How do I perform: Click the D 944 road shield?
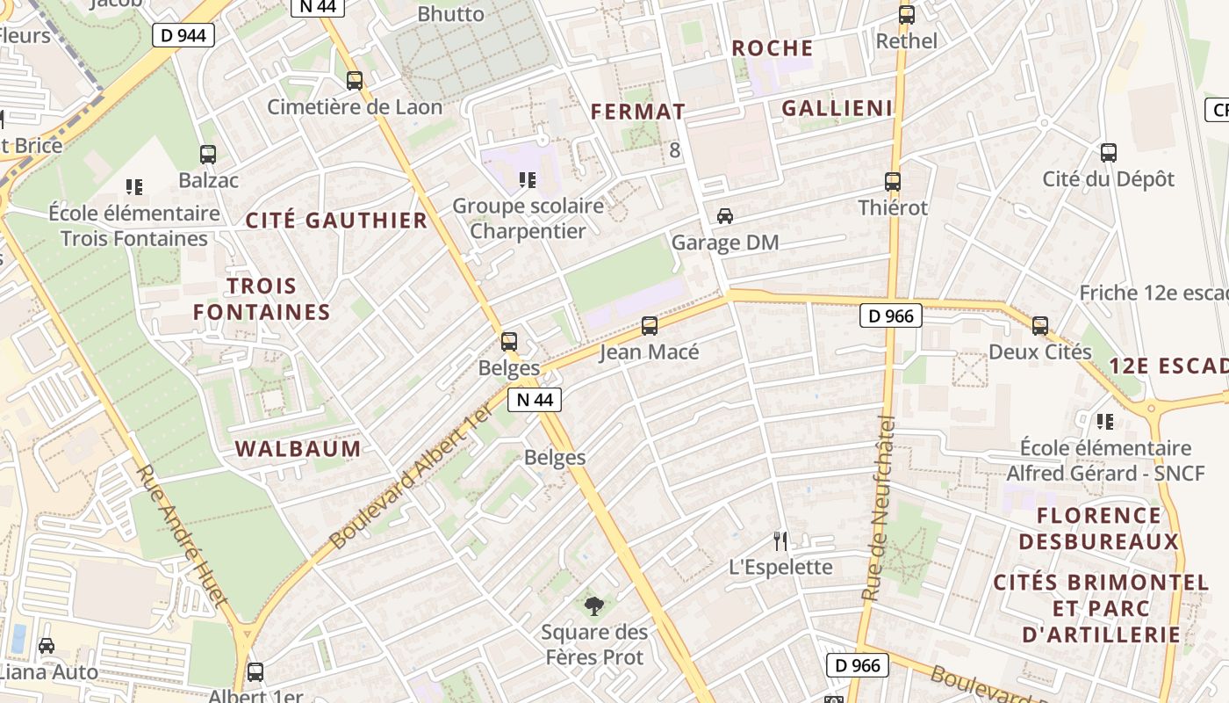pos(183,35)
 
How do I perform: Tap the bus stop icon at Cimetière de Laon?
pos(355,81)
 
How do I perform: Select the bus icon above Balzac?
pos(208,155)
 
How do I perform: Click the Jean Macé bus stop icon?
pos(650,326)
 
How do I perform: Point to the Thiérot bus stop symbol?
pos(893,182)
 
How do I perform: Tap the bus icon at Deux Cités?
pos(1040,326)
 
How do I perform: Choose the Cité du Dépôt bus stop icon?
pos(1109,153)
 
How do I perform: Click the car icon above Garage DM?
pos(725,216)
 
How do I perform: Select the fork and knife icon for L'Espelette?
pos(780,540)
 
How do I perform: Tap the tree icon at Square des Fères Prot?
pos(594,605)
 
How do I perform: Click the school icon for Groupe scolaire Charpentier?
pos(528,180)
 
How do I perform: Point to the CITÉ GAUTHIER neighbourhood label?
pos(337,221)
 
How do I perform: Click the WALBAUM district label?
pos(298,449)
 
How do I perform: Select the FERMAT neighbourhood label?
pos(638,112)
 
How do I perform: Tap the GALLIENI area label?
pos(837,109)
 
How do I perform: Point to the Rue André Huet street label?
pos(182,535)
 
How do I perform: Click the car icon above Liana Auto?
pos(47,646)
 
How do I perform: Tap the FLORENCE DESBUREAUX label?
pos(1098,528)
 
